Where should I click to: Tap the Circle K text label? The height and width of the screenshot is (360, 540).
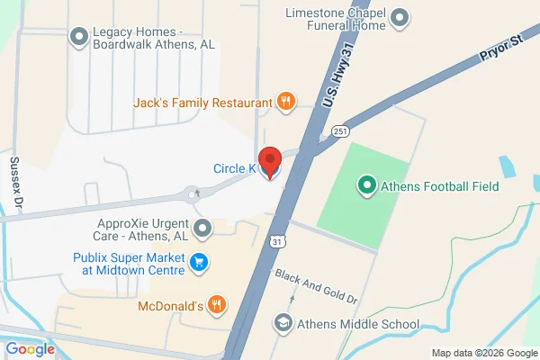[235, 168]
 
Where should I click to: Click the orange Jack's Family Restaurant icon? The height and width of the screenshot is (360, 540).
[285, 103]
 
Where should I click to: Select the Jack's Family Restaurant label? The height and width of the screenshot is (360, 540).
[202, 103]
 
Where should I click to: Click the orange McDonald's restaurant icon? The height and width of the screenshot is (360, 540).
[216, 306]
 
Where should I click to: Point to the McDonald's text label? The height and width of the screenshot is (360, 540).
[168, 306]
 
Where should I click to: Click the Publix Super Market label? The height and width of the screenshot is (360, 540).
[128, 264]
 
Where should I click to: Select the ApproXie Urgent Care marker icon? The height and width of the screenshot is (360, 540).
[202, 229]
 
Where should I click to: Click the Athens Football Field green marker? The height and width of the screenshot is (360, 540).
[366, 187]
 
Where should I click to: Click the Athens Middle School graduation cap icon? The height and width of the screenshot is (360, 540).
[283, 324]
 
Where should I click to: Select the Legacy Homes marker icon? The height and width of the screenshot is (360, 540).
[78, 37]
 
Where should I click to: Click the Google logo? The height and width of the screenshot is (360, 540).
[31, 348]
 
